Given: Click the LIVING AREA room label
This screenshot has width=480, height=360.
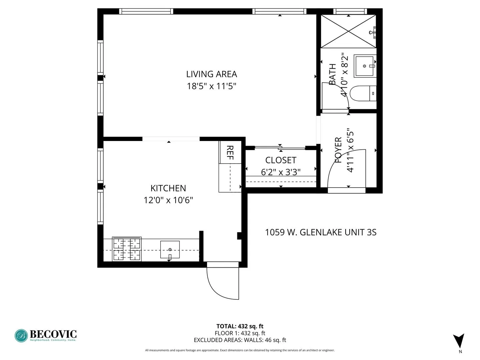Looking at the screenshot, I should [x=211, y=74].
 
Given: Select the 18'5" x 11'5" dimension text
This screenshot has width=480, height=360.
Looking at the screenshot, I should [x=211, y=86].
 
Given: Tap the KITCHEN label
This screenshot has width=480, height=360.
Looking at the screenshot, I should [x=168, y=188].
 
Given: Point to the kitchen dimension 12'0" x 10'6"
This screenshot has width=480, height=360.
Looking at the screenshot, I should [x=168, y=200].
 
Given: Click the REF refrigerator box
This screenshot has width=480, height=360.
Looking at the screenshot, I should [x=230, y=152].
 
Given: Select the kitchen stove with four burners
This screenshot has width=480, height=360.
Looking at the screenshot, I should [x=127, y=249].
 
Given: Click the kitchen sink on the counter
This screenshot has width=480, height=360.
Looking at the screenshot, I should [x=170, y=250].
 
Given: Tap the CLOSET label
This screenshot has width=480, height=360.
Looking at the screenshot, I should [x=281, y=160].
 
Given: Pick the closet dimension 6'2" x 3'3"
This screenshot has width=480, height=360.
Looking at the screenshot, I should [x=281, y=172].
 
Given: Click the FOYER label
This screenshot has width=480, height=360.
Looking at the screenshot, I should [x=338, y=150].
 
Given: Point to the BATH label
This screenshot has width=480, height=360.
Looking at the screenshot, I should [x=332, y=74].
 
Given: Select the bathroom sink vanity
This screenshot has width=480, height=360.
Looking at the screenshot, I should [x=365, y=66].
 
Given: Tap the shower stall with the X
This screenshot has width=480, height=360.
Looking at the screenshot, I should [x=348, y=31].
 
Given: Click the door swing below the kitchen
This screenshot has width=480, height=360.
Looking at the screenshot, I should [x=223, y=282].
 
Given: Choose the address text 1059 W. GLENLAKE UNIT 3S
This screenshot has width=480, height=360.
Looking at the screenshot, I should [x=320, y=232].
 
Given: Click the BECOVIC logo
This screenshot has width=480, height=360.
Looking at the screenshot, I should [x=46, y=335].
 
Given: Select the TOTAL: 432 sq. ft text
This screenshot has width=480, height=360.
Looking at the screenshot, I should [x=240, y=326].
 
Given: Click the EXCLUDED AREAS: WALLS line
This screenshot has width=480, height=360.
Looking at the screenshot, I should [x=240, y=340].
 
